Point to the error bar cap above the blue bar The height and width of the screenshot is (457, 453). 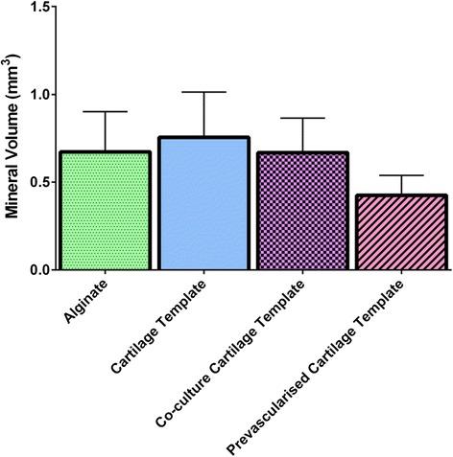(203, 92)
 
